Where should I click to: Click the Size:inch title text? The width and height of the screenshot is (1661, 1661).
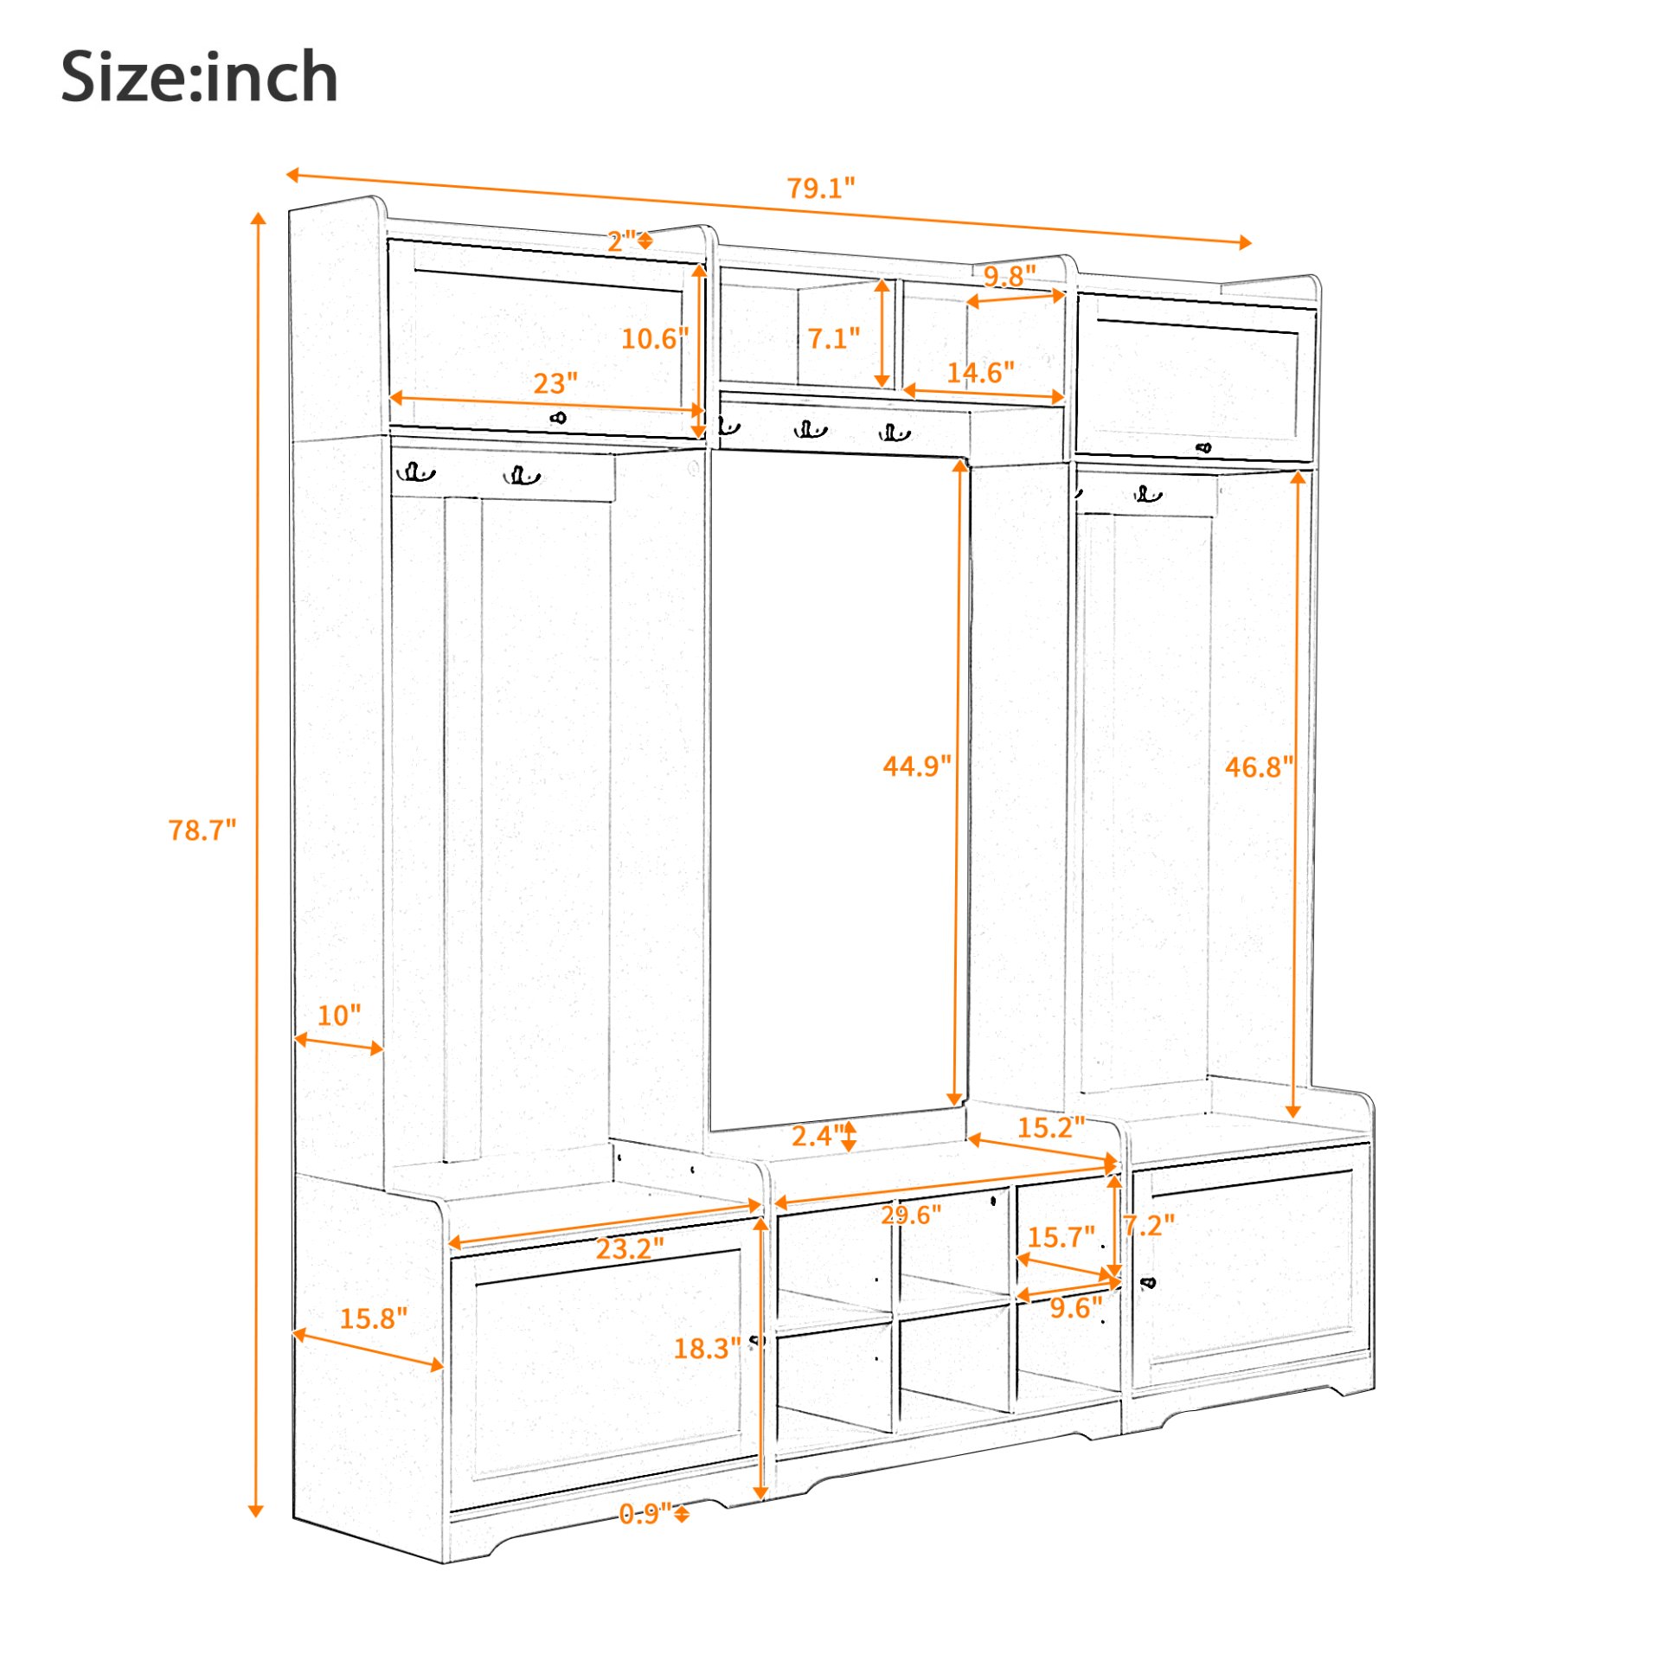[199, 78]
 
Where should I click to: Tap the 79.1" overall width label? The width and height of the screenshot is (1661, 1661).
[820, 188]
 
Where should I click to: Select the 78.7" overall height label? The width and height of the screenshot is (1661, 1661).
[202, 830]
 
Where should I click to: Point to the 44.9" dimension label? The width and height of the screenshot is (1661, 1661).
[916, 766]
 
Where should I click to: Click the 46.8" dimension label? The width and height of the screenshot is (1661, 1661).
[1259, 766]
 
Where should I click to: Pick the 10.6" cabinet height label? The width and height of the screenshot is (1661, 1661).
[655, 338]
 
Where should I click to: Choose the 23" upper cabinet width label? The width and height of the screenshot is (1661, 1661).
[555, 383]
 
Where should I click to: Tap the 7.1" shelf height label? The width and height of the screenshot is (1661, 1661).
[834, 338]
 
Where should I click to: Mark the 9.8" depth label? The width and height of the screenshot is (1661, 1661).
[1010, 276]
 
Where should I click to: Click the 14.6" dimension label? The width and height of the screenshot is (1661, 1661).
[980, 373]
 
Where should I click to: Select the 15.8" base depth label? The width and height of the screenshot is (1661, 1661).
[373, 1318]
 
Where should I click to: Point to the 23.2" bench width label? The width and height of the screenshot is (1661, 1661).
[630, 1248]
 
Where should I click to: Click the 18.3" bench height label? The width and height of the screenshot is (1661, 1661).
[707, 1348]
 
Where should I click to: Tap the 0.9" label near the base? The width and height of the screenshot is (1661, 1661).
[645, 1513]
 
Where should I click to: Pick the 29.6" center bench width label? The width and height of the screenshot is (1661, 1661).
[911, 1215]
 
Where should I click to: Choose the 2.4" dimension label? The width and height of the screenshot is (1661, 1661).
[818, 1135]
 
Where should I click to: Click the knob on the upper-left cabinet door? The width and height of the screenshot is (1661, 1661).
[558, 418]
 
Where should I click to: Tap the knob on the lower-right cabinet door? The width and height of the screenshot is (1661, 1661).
[1149, 1282]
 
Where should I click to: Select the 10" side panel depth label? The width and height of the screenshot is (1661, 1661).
[338, 1015]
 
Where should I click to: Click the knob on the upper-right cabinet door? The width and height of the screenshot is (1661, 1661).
[1203, 447]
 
